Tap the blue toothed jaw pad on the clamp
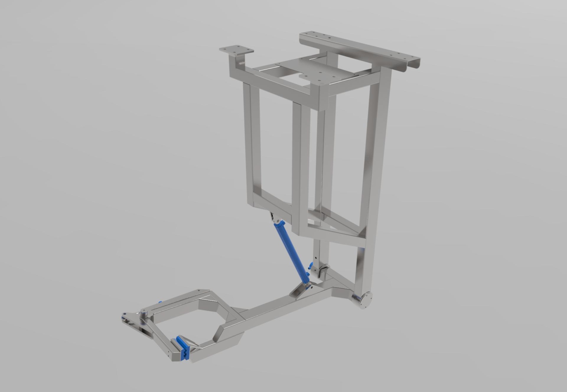click(184, 348)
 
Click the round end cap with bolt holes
click(366, 301)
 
